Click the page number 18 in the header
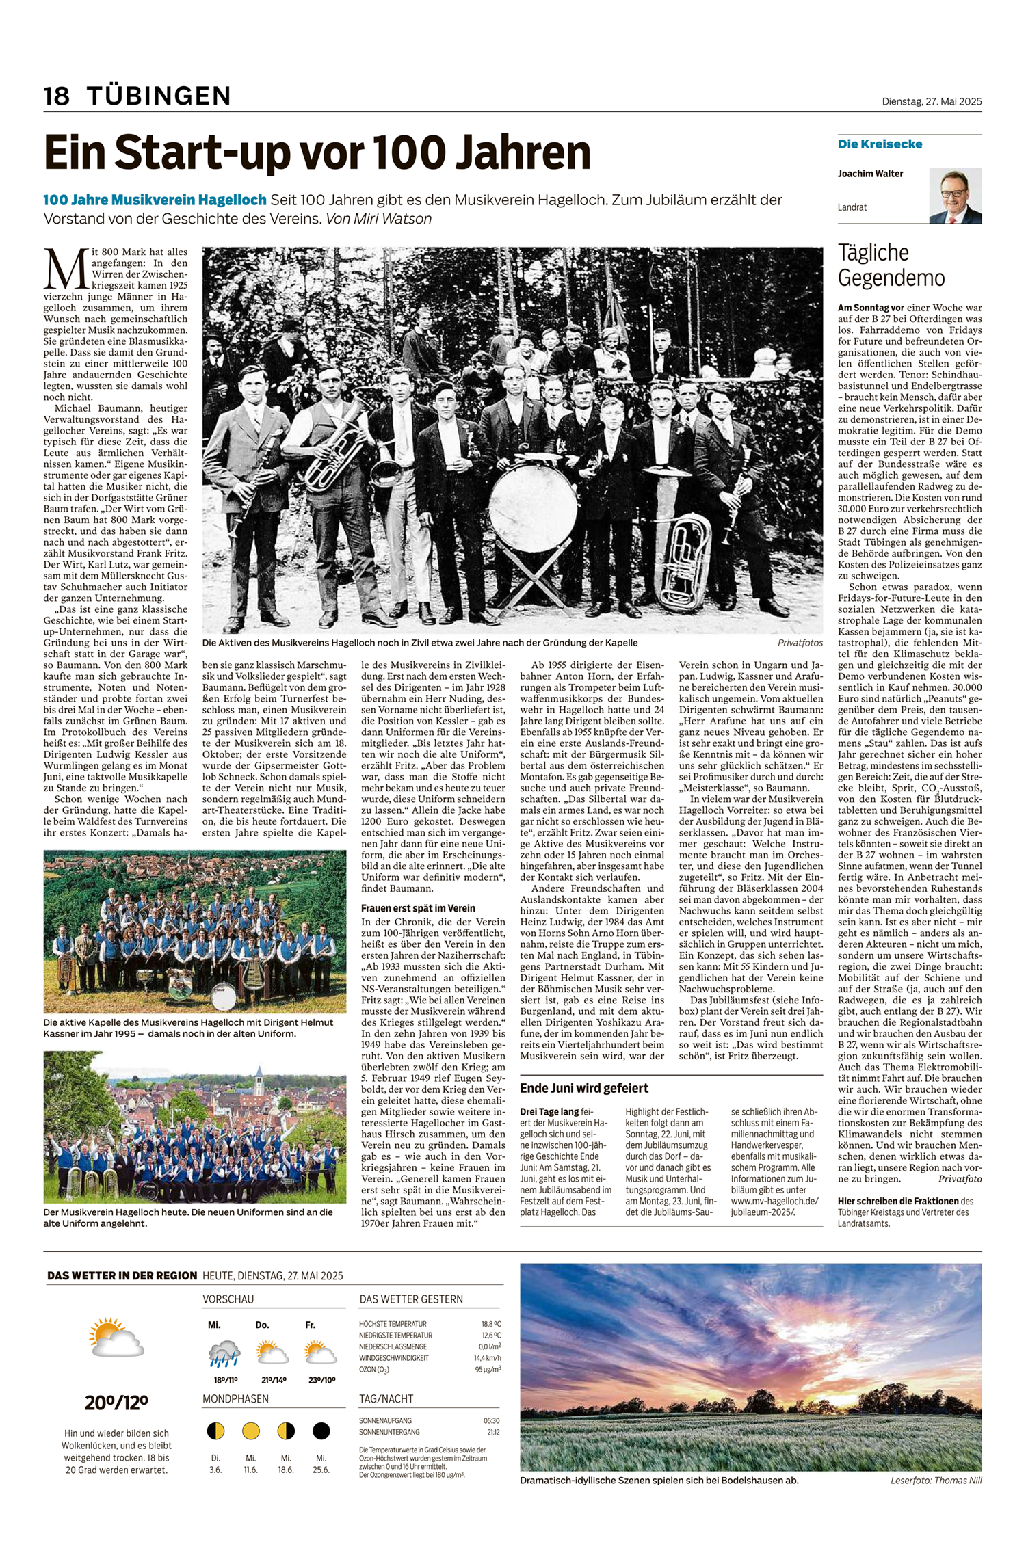pyautogui.click(x=57, y=96)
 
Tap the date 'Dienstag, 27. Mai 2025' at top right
pyautogui.click(x=931, y=101)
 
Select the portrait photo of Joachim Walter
pyautogui.click(x=955, y=196)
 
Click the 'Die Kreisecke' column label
pyautogui.click(x=880, y=144)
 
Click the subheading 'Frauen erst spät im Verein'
pyautogui.click(x=418, y=909)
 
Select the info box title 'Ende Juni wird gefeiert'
pyautogui.click(x=584, y=1088)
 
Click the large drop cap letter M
pyautogui.click(x=66, y=269)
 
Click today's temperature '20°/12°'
pyautogui.click(x=116, y=1403)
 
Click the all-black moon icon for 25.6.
pyautogui.click(x=321, y=1431)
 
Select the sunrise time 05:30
pyautogui.click(x=491, y=1421)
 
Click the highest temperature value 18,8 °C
pyautogui.click(x=491, y=1324)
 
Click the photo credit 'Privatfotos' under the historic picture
pyautogui.click(x=800, y=643)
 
